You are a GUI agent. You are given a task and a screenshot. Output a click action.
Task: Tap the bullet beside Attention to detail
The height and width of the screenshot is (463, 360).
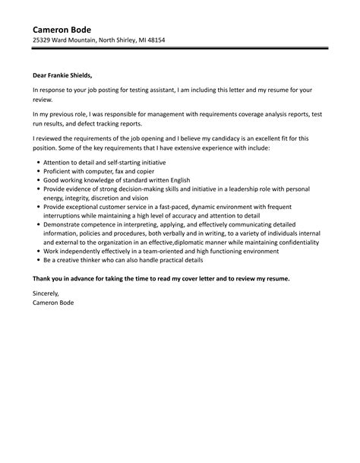point(37,163)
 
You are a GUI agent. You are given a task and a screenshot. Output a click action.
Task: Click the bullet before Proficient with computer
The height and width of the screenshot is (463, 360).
point(37,173)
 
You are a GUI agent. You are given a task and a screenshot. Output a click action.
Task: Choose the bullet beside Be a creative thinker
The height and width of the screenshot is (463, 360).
point(37,260)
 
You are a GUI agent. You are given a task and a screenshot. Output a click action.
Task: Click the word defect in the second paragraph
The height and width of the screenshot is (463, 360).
point(108,122)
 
